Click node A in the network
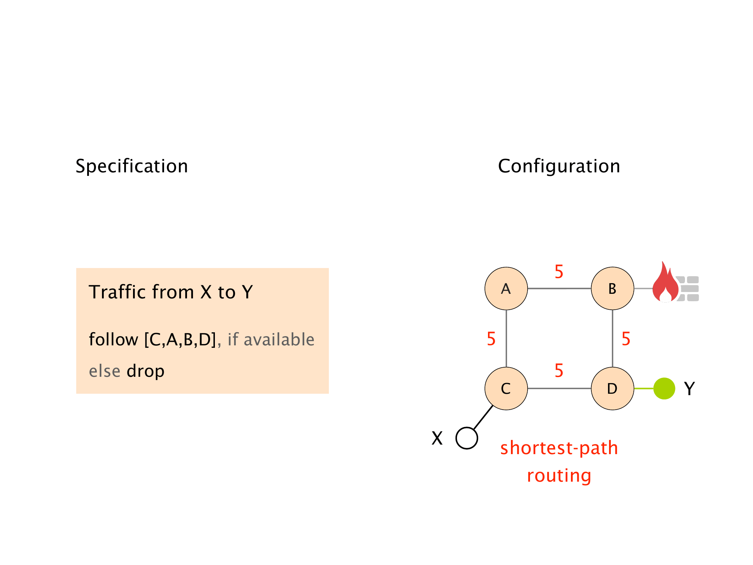pos(506,289)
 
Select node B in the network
pos(612,289)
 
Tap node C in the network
pos(506,388)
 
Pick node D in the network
pos(612,388)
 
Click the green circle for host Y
pos(664,388)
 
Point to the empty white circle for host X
pos(466,438)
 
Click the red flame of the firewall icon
pos(664,284)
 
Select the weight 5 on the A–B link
pos(559,272)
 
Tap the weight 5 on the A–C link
pos(491,339)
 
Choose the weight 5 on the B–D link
pos(626,339)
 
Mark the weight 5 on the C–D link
pos(559,370)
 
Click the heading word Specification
pos(132,166)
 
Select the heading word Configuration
pos(559,166)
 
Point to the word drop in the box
pos(145,371)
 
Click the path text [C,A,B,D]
pos(180,339)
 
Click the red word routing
pos(559,475)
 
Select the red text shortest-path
pos(559,448)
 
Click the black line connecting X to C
pos(483,418)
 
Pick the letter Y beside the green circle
pos(689,388)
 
